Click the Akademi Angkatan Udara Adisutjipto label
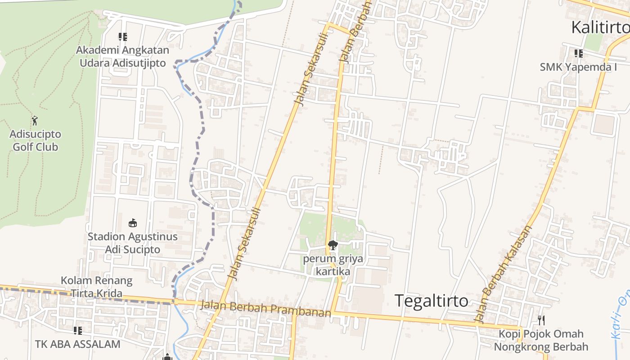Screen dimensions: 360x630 coord(122,56)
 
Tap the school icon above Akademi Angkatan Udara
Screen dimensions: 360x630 coord(122,37)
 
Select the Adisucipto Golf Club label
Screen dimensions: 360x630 coord(35,140)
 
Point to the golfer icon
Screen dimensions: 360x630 coord(35,121)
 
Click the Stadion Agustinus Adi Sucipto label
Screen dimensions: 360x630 coord(132,243)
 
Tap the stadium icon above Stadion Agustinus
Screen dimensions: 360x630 coord(132,223)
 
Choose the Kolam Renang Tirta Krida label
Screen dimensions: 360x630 coord(97,287)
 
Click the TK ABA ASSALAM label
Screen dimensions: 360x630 coord(78,344)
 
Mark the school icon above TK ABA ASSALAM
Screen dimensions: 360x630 coord(78,331)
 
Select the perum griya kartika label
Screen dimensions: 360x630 coord(333,265)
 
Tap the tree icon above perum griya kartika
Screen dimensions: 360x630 coord(333,245)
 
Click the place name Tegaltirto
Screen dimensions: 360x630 coord(431,300)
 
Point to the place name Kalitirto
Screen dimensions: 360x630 coord(600,27)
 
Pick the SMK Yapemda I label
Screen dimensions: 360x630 coord(578,67)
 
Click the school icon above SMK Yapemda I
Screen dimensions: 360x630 coord(578,54)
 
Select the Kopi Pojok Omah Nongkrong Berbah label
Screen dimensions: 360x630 coord(541,340)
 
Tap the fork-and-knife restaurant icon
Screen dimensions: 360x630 coord(541,320)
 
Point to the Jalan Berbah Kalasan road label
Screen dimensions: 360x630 coord(504,274)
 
